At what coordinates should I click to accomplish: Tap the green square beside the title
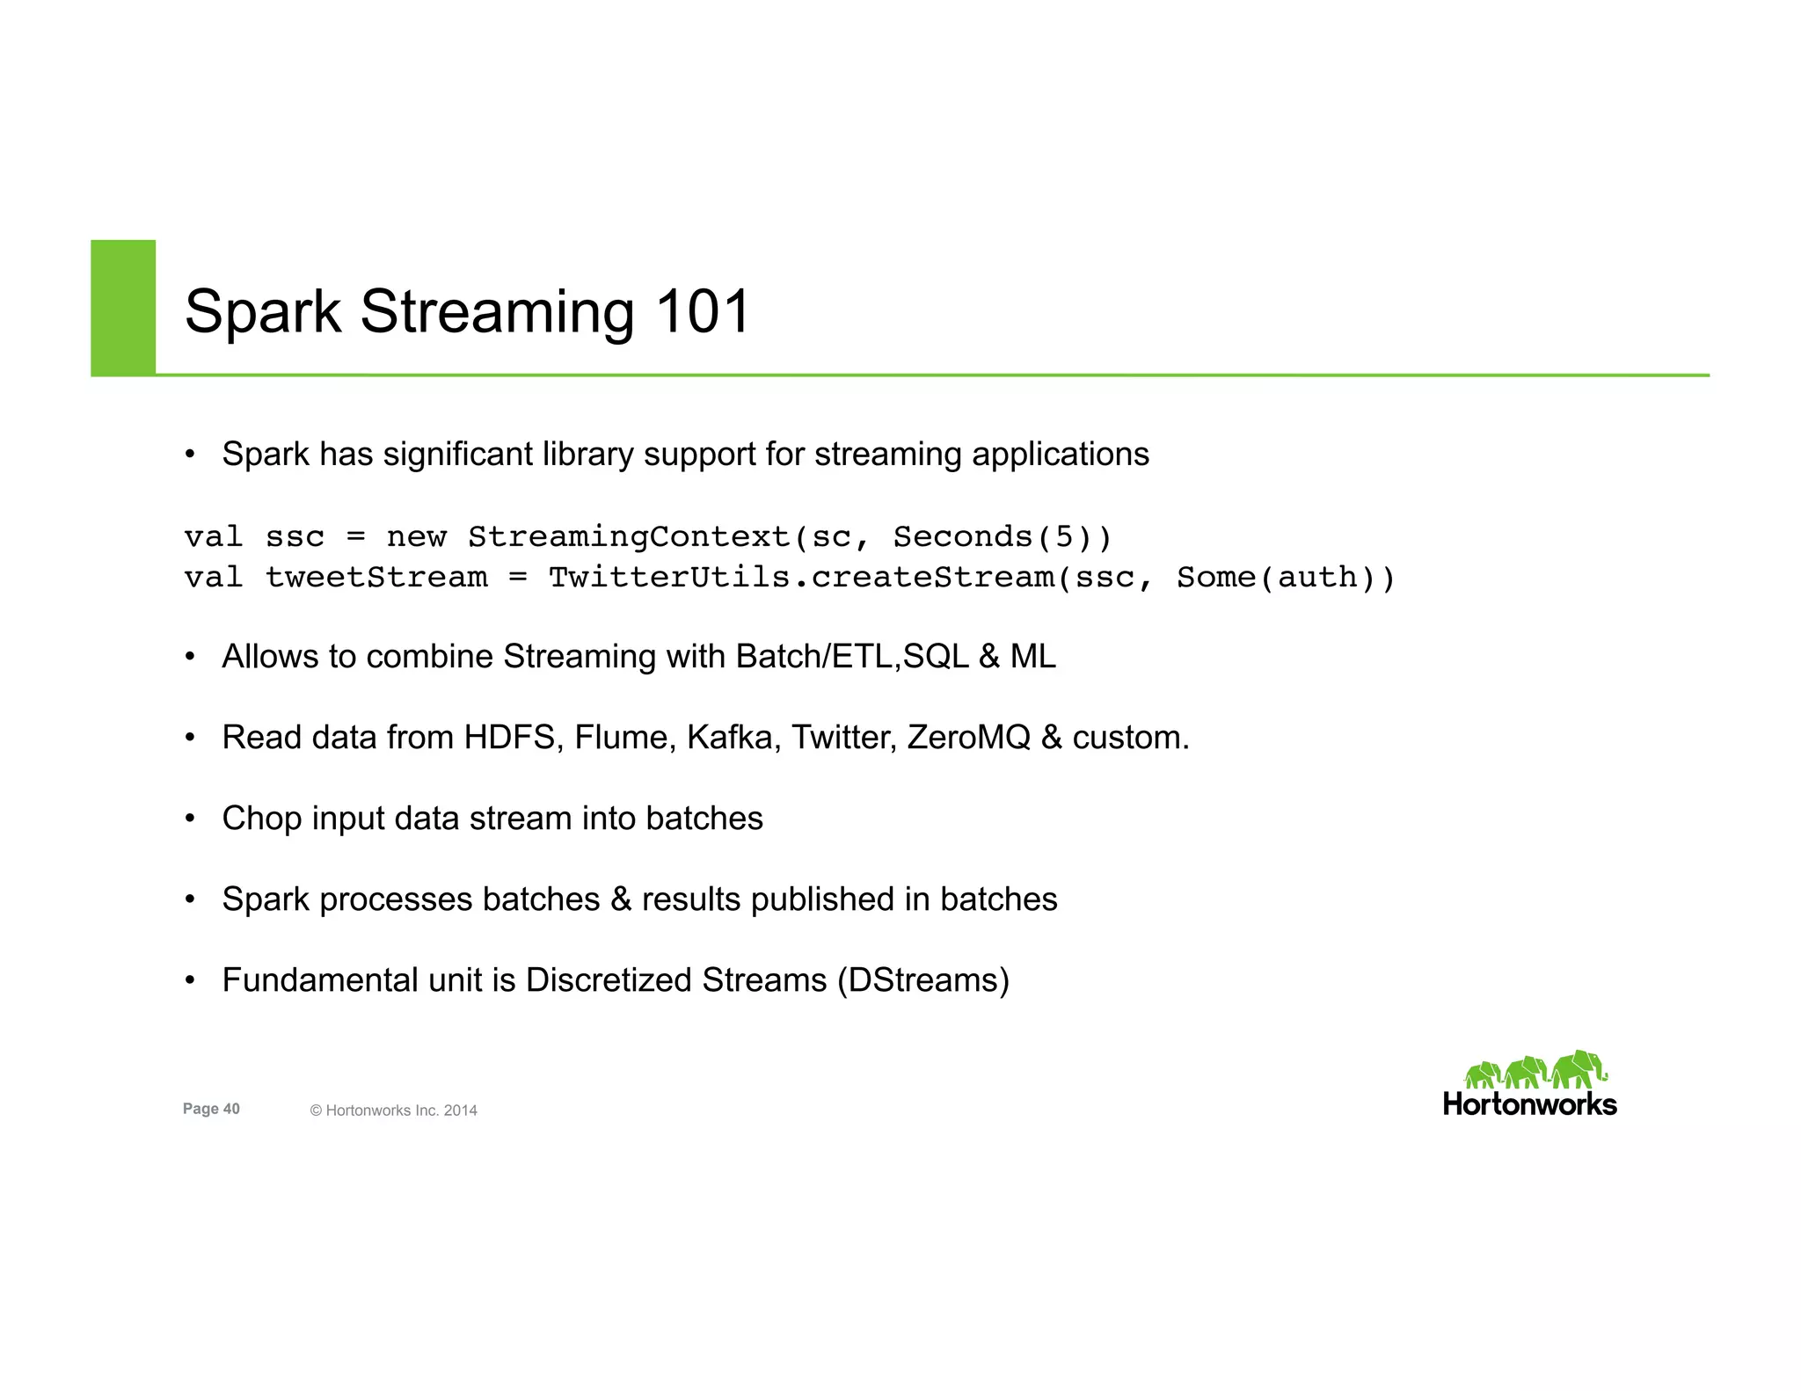[123, 308]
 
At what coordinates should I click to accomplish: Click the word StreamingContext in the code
[629, 537]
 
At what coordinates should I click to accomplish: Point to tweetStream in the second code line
[376, 578]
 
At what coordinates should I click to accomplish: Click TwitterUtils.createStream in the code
[800, 578]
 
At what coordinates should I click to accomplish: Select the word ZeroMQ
[968, 738]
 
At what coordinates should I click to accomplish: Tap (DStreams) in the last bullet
[922, 980]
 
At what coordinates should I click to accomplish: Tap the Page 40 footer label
[211, 1109]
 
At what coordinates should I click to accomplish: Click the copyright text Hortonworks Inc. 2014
[393, 1111]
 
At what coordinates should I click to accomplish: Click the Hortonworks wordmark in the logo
[1529, 1104]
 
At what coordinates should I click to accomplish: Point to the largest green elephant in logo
[1579, 1069]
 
